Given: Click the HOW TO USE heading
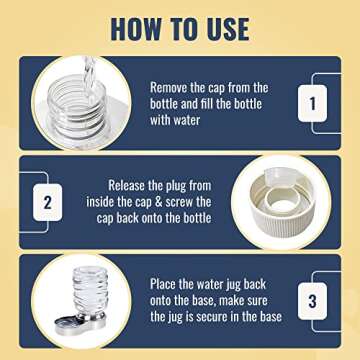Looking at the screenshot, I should [x=180, y=27].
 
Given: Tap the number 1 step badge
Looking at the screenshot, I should [x=313, y=101].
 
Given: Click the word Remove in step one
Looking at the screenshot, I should [x=172, y=87].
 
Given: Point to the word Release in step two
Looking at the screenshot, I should [x=132, y=185].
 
